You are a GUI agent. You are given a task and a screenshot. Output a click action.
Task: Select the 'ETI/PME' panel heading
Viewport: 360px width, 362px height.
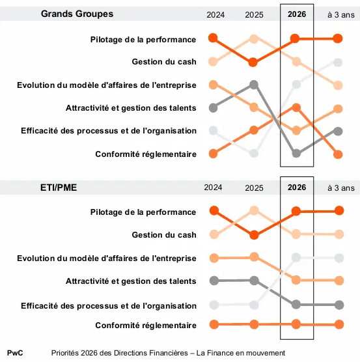click(x=58, y=188)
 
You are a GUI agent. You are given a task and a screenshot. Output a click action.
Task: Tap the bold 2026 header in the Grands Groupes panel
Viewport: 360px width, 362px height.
click(x=296, y=14)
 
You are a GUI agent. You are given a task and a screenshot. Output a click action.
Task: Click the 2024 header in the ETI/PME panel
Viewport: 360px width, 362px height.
click(x=213, y=188)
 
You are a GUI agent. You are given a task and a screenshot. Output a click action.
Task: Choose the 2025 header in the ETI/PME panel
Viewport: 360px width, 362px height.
click(x=254, y=188)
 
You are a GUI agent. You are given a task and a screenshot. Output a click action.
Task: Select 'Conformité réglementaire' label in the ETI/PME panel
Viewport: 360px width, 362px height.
click(x=146, y=325)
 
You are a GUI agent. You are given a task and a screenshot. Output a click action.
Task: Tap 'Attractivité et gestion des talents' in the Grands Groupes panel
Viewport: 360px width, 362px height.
click(x=131, y=107)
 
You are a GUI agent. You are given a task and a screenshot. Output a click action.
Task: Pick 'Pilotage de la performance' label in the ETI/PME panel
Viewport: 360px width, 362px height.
click(x=143, y=212)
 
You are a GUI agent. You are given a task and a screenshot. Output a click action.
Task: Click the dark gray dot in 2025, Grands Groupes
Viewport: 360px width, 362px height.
click(x=254, y=85)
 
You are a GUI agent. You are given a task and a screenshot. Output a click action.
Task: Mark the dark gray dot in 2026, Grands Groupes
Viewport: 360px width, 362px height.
click(x=296, y=154)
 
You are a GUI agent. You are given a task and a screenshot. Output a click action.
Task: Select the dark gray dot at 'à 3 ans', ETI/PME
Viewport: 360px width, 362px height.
click(x=338, y=304)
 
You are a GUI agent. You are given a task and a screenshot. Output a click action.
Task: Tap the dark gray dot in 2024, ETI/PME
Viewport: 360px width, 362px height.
click(x=213, y=281)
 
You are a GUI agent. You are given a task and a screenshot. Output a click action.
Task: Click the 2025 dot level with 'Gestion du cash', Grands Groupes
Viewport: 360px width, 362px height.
click(x=254, y=63)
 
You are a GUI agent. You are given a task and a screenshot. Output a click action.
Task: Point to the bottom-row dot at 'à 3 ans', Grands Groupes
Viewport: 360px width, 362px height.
click(x=338, y=154)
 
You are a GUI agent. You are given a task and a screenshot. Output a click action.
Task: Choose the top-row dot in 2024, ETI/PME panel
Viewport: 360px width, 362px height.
click(x=213, y=210)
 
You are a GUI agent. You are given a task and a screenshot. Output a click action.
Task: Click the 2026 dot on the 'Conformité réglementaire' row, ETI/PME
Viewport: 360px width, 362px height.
click(x=296, y=324)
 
